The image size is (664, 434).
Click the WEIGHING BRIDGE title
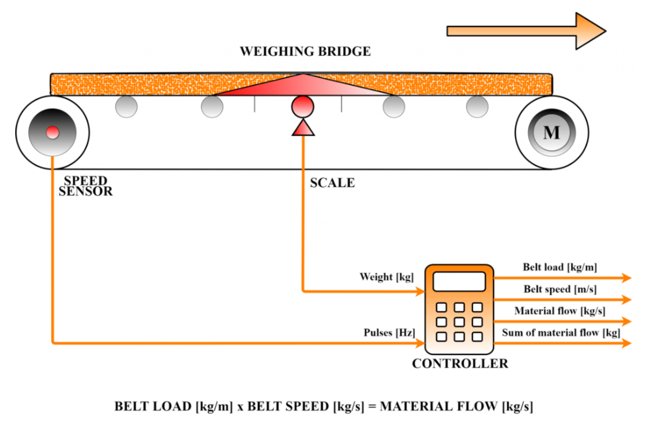click(305, 51)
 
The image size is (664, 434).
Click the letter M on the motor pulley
click(551, 133)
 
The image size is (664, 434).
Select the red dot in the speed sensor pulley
click(52, 133)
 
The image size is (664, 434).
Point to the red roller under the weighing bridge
click(303, 106)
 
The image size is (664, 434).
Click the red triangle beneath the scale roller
click(303, 127)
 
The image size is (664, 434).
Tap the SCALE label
click(332, 183)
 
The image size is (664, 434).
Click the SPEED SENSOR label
click(87, 186)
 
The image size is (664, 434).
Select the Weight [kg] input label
click(386, 276)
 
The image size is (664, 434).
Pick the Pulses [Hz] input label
click(389, 332)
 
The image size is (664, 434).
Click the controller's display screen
click(459, 282)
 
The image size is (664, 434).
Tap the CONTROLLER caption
click(460, 363)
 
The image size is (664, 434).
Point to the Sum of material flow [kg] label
click(561, 333)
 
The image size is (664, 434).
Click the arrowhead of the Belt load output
click(625, 278)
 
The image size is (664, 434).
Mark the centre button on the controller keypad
click(459, 321)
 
